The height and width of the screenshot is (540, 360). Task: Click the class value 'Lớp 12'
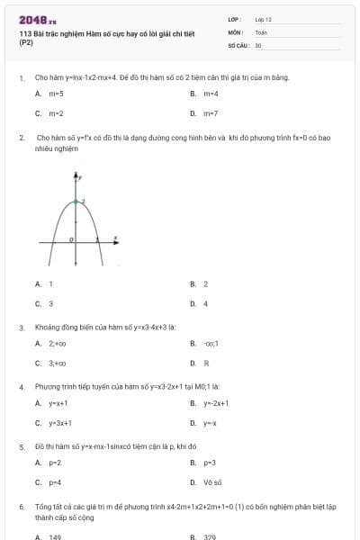coord(264,18)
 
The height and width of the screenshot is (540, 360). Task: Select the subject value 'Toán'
coord(261,31)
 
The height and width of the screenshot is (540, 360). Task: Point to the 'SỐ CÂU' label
coord(237,43)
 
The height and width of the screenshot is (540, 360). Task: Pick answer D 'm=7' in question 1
coord(210,114)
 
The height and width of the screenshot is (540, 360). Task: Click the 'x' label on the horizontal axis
coord(114,238)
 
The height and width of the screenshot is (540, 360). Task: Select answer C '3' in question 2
coord(50,304)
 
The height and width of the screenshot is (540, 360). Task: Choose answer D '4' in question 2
coord(205,304)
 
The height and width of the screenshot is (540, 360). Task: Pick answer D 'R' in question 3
coord(206,364)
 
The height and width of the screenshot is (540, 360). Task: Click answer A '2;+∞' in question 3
coord(58,343)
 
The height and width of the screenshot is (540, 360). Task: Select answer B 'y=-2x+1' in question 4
coord(216,402)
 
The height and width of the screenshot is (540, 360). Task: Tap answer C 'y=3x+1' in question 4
coord(59,423)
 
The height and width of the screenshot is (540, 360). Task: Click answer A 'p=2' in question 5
coord(54,462)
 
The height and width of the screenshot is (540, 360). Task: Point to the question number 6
coord(22,507)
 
